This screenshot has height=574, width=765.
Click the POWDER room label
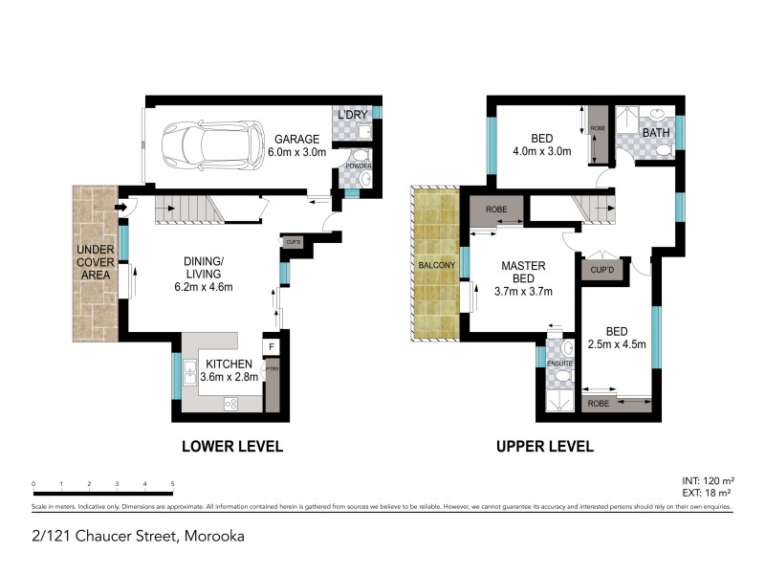tap(359, 166)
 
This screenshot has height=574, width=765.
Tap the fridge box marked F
tap(272, 346)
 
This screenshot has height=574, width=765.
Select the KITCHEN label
tap(226, 364)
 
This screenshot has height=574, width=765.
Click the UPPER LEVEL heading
tap(544, 446)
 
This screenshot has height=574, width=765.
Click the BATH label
tap(656, 133)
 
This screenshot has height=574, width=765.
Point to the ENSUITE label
tap(559, 364)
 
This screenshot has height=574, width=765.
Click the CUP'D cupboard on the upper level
tap(601, 272)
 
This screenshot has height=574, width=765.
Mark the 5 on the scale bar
tap(172, 484)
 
